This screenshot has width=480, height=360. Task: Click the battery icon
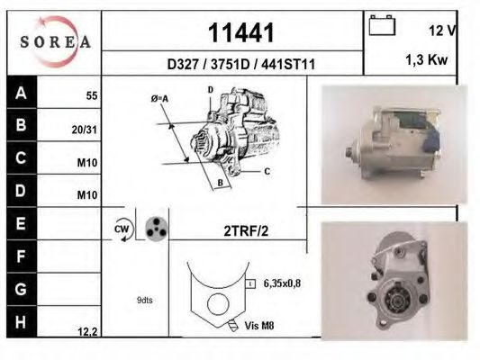[382, 27]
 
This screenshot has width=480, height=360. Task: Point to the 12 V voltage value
[443, 31]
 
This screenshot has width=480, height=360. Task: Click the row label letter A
[21, 93]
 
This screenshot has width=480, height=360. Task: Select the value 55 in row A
[90, 94]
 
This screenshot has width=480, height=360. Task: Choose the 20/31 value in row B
[85, 130]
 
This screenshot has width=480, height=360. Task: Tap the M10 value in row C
[87, 163]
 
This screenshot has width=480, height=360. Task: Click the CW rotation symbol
[122, 229]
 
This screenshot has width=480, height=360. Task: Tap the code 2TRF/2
[246, 229]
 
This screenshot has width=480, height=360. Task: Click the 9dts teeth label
[145, 300]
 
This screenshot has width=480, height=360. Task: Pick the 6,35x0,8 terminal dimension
[282, 283]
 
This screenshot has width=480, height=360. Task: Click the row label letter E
[21, 221]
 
